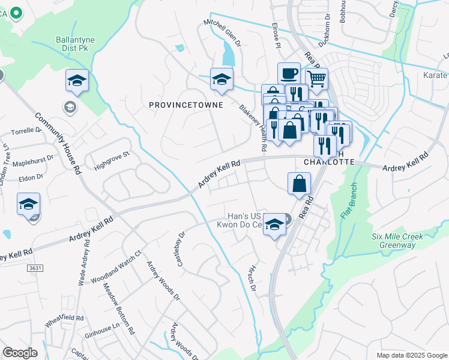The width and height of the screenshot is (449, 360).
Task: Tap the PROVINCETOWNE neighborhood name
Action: coord(186,105)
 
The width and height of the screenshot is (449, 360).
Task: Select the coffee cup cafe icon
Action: coord(289,73)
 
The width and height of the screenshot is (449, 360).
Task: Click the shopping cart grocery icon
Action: coord(316,77)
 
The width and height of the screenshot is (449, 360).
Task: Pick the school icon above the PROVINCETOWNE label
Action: coord(221,79)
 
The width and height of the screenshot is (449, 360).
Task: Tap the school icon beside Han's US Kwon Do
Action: coord(275,225)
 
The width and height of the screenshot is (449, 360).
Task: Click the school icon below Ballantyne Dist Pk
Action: coord(77,80)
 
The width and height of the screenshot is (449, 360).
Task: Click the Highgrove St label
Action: coord(110,158)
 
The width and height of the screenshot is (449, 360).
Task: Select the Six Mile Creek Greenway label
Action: coord(397,241)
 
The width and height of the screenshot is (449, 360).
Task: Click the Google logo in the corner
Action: coord(20,353)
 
